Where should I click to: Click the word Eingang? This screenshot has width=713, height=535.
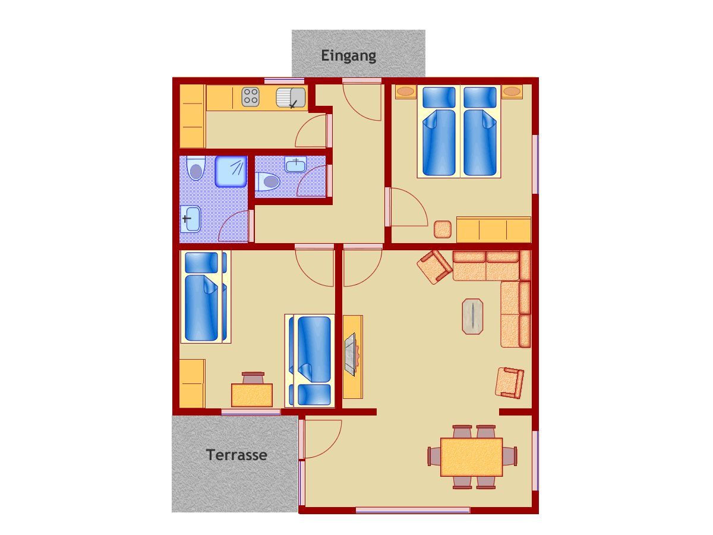point(348,56)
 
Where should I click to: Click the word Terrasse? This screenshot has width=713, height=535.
point(236,455)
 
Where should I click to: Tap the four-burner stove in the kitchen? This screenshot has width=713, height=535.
point(251,96)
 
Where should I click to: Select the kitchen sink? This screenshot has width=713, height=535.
point(291,97)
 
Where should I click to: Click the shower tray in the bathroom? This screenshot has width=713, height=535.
point(231,171)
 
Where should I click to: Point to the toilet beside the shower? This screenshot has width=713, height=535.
point(195,168)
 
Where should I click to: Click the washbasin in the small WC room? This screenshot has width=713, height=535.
point(295,165)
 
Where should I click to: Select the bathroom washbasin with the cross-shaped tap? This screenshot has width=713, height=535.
point(190,219)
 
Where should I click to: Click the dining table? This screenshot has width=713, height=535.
point(471,457)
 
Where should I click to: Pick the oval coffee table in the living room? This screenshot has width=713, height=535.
point(472,316)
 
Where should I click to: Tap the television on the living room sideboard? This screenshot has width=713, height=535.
point(351,354)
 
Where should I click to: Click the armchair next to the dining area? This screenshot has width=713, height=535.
point(509,383)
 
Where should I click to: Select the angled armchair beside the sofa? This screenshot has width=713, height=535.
point(434,267)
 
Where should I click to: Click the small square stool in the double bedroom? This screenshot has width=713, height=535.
point(443,229)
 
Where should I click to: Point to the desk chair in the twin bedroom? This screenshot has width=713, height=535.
point(253,378)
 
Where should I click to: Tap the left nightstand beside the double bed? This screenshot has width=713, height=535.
point(405,92)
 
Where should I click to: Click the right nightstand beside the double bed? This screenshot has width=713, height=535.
point(512,92)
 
